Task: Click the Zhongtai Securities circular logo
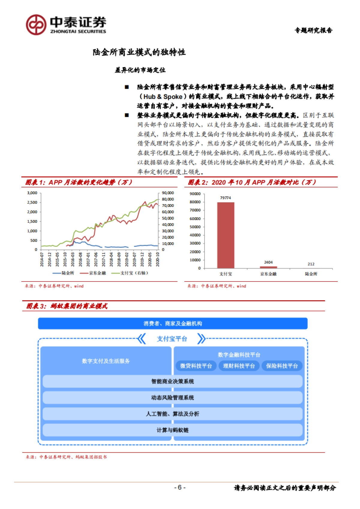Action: pos(36,25)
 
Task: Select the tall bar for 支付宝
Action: pos(226,235)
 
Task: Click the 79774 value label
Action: pos(226,198)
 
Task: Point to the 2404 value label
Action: pos(268,262)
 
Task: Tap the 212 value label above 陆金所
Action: pos(311,264)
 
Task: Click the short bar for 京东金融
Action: pos(268,267)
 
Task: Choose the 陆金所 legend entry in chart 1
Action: pos(64,273)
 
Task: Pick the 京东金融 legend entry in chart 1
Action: pos(93,273)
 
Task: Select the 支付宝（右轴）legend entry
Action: pos(130,273)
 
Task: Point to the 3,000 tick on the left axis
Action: pos(32,193)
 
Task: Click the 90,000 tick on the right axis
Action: pos(168,193)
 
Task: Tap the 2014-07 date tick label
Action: pos(42,259)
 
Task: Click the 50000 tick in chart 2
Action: pos(195,227)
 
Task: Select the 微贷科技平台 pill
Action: pos(196,366)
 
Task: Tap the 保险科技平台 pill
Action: pos(282,366)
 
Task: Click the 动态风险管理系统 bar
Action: pos(172,398)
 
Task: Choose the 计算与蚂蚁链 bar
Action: pos(172,430)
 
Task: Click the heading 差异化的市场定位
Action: pos(140,70)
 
